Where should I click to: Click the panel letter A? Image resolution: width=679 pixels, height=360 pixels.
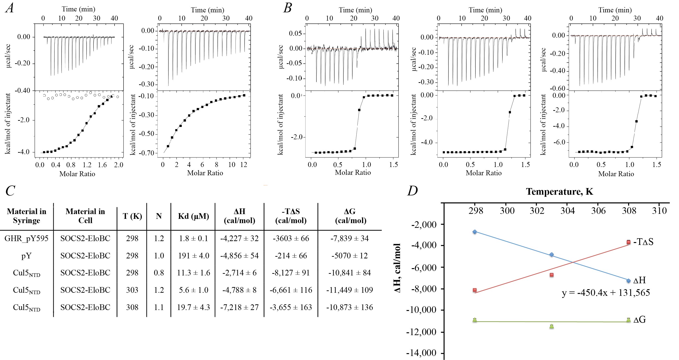point(10,8)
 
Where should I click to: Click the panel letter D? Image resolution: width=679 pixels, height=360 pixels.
point(413,191)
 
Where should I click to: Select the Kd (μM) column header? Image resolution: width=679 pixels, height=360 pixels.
point(193,216)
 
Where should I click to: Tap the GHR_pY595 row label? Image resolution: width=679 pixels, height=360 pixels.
point(26,238)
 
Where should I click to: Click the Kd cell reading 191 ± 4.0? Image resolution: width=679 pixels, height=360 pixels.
point(193,256)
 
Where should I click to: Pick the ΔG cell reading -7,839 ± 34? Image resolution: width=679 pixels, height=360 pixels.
point(350,238)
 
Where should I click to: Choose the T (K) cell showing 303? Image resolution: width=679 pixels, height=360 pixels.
point(132,290)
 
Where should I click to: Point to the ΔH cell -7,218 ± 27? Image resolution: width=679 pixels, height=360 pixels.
point(239,307)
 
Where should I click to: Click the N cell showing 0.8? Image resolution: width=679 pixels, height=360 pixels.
point(159,273)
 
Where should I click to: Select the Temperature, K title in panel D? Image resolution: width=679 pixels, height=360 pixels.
point(559,191)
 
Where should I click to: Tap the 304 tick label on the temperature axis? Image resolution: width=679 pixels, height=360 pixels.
point(567,211)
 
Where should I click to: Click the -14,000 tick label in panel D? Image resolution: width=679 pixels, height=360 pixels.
point(421,353)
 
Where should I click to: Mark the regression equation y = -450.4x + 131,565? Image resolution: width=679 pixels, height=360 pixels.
point(606,293)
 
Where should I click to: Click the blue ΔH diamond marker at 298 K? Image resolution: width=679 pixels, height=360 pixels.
point(475,232)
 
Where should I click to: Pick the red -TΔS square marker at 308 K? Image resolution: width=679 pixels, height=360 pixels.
point(628,242)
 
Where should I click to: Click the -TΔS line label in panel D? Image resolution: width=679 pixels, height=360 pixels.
point(643,242)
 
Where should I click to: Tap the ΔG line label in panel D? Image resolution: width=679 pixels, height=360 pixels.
point(639,320)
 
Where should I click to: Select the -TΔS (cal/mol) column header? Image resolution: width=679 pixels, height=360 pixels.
point(291,216)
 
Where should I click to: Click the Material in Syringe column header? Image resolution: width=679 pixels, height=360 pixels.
point(26,216)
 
